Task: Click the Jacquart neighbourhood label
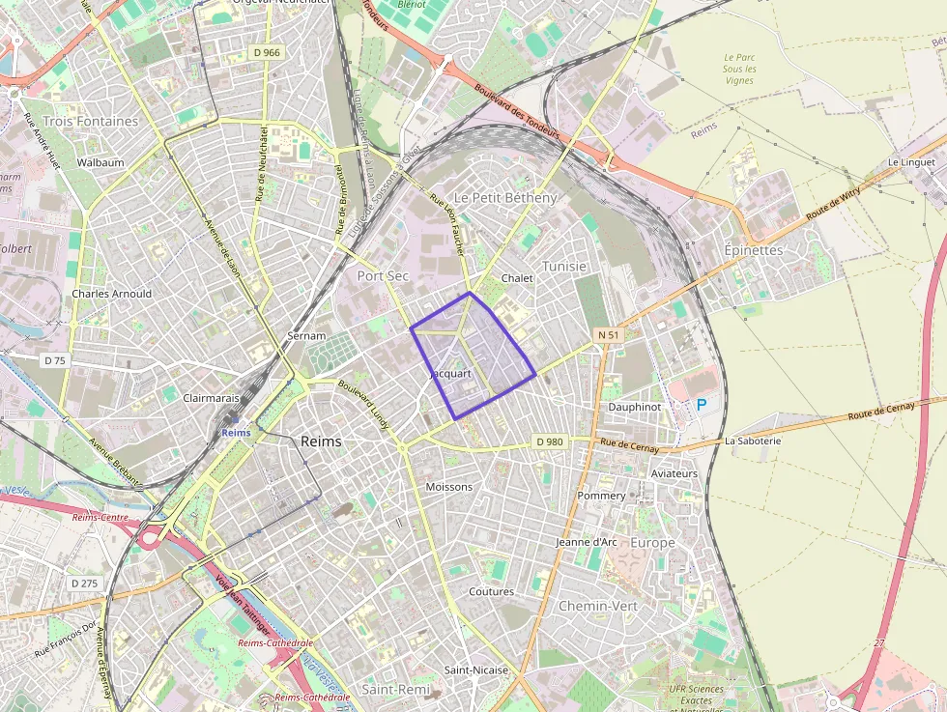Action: [x=449, y=373]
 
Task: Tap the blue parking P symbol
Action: [x=701, y=405]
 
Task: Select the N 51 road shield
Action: [x=608, y=334]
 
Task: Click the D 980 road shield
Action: [x=549, y=441]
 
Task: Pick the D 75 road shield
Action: [x=55, y=360]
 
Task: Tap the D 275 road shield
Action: [x=84, y=584]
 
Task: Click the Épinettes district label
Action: [x=753, y=249]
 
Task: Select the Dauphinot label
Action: [x=634, y=407]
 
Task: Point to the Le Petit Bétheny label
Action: [x=505, y=197]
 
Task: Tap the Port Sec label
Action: [x=384, y=275]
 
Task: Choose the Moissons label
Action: [x=449, y=487]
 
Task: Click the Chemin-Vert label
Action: [x=598, y=606]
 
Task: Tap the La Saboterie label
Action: [x=753, y=441]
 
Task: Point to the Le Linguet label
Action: [x=911, y=162]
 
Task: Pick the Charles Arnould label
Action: [x=111, y=294]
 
